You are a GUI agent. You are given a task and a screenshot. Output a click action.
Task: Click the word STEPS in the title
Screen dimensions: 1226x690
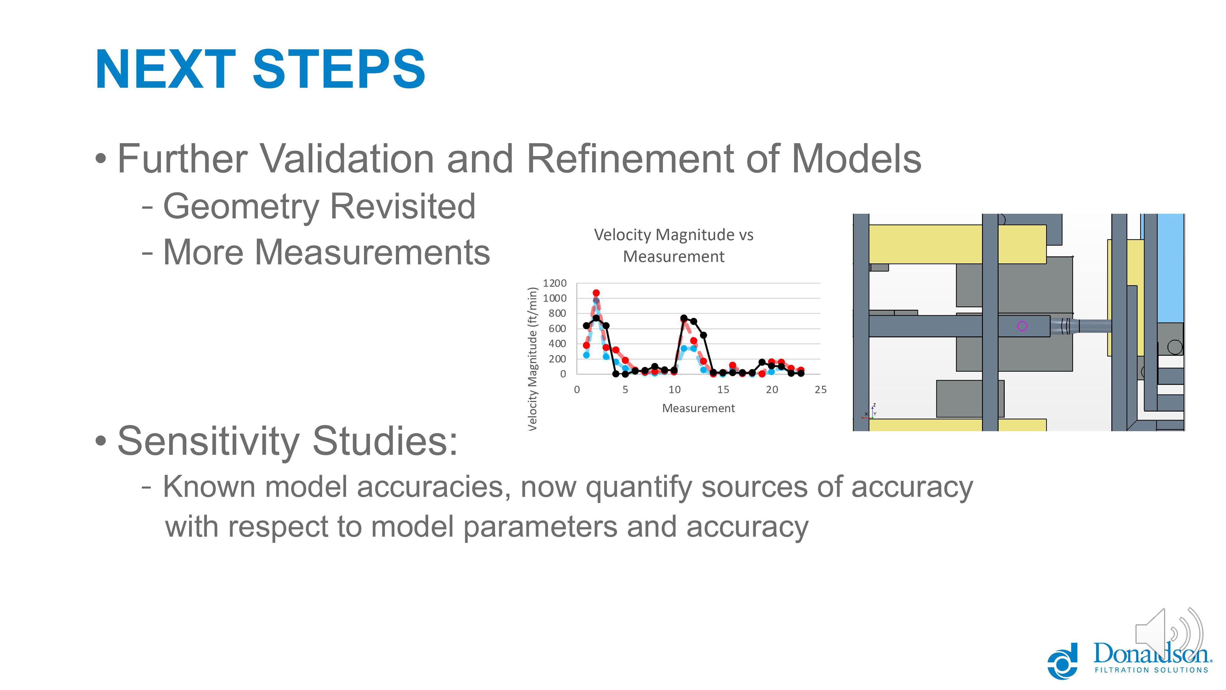pyautogui.click(x=339, y=70)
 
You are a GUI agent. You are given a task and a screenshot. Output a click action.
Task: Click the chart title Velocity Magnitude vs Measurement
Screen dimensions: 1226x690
pyautogui.click(x=673, y=245)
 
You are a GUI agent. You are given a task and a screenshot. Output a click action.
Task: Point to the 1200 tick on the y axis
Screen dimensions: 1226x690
pyautogui.click(x=555, y=283)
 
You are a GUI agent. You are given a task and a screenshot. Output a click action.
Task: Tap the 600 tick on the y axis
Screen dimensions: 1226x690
pyautogui.click(x=557, y=329)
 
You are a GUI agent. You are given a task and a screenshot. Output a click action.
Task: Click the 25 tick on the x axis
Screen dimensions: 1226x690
pyautogui.click(x=821, y=389)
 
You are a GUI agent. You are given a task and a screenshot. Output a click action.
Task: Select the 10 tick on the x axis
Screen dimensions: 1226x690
pyautogui.click(x=674, y=389)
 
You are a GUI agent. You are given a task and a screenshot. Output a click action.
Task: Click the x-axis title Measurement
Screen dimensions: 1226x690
pyautogui.click(x=698, y=408)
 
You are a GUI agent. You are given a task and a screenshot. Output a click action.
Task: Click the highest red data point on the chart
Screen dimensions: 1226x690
pyautogui.click(x=596, y=293)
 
